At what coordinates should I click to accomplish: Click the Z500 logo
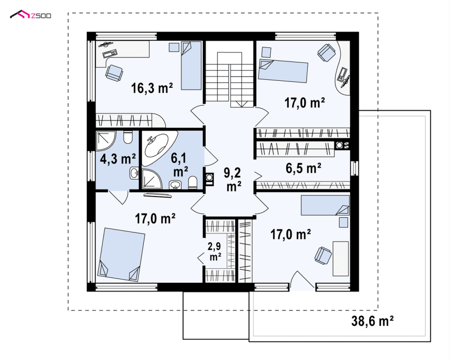(x=30, y=14)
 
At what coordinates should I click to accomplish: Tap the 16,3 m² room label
(x=152, y=88)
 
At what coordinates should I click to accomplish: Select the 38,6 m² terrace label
(x=372, y=321)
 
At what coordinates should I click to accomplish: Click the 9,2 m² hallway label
(x=233, y=180)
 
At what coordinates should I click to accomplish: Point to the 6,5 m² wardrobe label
(x=303, y=168)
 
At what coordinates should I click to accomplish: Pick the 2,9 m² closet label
(x=215, y=252)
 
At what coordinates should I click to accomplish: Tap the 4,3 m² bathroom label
(x=118, y=158)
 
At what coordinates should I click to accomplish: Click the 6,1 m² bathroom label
(x=180, y=165)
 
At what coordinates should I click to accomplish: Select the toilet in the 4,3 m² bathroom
(x=127, y=137)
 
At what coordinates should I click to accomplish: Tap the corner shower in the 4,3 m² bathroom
(x=105, y=140)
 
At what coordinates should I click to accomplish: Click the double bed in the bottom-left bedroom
(x=121, y=255)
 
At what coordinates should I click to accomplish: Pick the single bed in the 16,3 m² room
(x=191, y=65)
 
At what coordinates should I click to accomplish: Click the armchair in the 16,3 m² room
(x=114, y=72)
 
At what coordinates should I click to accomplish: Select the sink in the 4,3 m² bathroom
(x=134, y=173)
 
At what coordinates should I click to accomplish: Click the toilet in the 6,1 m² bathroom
(x=192, y=183)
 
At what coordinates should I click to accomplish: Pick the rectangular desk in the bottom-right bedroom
(x=341, y=259)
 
